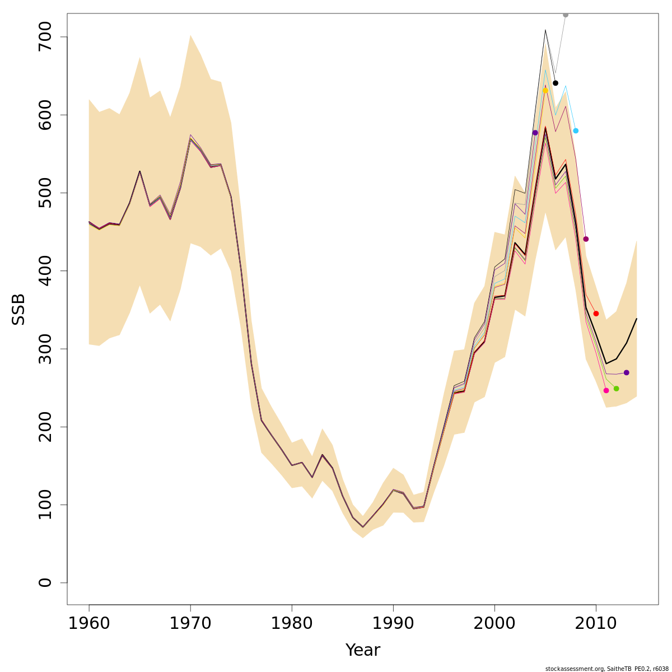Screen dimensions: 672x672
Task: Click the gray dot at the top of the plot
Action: click(566, 15)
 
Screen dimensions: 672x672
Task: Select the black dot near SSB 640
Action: click(556, 83)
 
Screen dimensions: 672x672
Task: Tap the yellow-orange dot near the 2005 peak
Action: click(545, 90)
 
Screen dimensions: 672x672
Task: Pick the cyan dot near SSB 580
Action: click(576, 130)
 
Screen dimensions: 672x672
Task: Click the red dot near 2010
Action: click(596, 314)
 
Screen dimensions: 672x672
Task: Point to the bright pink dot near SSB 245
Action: click(606, 390)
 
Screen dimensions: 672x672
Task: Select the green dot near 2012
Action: click(616, 389)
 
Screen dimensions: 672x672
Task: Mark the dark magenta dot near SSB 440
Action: click(586, 239)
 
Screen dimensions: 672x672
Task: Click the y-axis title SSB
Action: click(19, 309)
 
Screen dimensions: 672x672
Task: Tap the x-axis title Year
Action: click(362, 650)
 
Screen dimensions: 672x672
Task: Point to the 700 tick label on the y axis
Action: click(45, 37)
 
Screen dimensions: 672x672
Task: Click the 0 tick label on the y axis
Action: click(45, 582)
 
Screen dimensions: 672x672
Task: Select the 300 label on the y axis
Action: click(45, 349)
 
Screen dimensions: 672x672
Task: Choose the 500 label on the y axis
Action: click(45, 193)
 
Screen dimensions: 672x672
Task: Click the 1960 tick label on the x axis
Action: click(89, 623)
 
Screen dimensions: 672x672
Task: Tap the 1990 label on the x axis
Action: click(393, 623)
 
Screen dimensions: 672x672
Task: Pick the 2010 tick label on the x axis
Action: click(596, 623)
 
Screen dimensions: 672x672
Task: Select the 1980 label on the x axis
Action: click(292, 623)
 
